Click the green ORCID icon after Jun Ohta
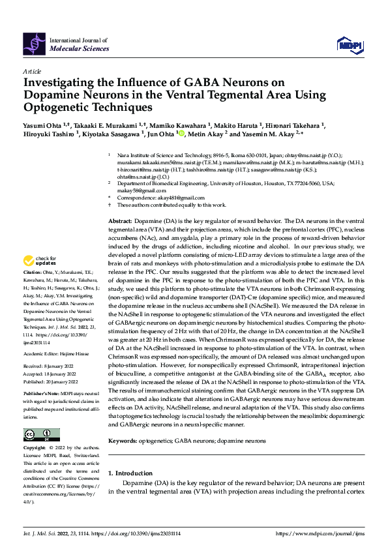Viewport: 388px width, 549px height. [x=181, y=135]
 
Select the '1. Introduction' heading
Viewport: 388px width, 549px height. [x=130, y=473]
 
